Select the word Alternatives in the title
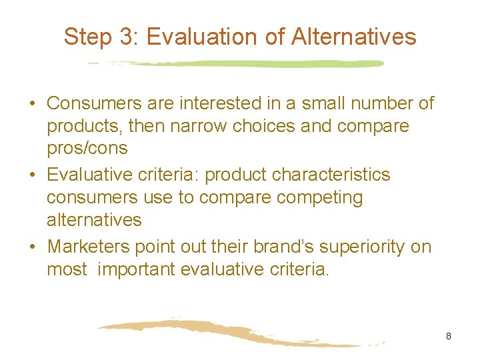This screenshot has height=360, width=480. click(353, 37)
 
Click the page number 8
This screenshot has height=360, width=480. click(449, 336)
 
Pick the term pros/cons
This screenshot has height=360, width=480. click(87, 149)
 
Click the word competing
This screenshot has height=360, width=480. click(324, 197)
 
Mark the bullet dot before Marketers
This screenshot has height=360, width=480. click(32, 247)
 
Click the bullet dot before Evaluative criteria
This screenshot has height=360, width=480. click(32, 175)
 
